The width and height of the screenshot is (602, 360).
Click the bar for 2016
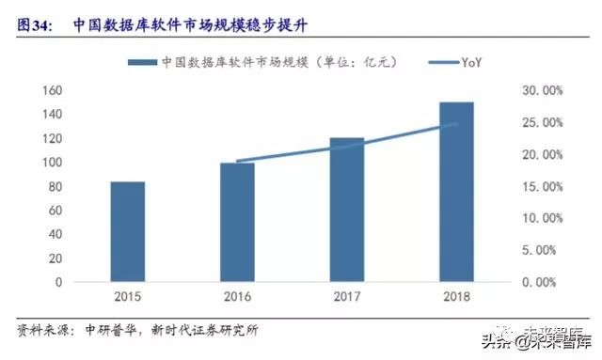click(x=237, y=222)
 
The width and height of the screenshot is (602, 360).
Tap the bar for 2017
click(x=346, y=210)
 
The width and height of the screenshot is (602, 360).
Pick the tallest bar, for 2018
click(x=456, y=192)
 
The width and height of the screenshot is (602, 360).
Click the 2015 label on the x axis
click(x=128, y=298)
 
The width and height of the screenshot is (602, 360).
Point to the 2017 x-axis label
click(x=346, y=298)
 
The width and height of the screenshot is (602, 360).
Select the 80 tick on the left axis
click(x=55, y=186)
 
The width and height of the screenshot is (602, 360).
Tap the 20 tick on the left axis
click(x=55, y=258)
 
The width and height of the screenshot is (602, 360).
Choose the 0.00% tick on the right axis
click(x=544, y=282)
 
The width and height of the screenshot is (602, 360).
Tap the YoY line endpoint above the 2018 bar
click(x=456, y=124)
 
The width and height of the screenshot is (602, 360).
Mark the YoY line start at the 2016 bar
click(x=237, y=161)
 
